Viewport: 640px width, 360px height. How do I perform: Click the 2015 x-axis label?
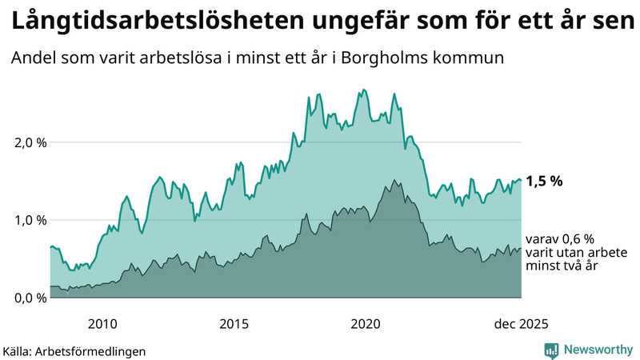pos(234,324)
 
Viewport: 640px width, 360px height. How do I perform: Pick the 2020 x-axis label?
pos(366,324)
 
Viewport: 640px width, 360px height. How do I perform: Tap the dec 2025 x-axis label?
pos(520,324)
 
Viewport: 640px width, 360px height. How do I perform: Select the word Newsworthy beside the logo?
pos(598,350)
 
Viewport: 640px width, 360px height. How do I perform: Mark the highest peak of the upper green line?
pos(364,90)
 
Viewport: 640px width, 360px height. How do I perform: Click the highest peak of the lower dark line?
pos(393,180)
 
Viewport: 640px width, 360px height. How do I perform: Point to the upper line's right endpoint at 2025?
pos(521,180)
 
